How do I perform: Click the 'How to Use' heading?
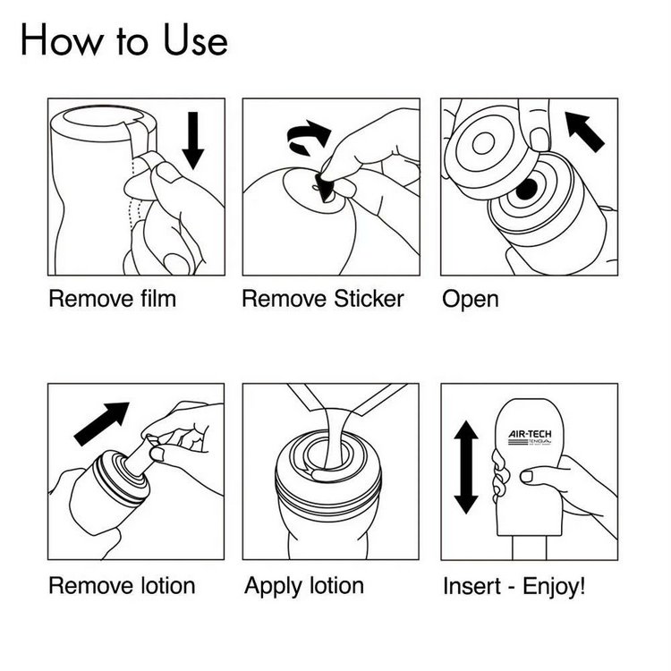coord(124,39)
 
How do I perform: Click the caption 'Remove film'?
coord(113,299)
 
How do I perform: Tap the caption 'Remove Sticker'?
coord(323,299)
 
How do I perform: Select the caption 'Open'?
coord(471,300)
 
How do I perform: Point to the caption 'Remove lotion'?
coord(122,585)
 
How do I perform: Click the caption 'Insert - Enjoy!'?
coord(514,586)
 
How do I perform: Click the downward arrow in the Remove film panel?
coord(193,140)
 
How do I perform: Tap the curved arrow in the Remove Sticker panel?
coord(309,136)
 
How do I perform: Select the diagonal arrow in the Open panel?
coord(584,131)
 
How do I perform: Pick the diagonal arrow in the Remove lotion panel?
coord(102,423)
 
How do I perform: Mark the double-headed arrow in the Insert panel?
coord(466,467)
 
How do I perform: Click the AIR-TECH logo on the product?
coord(530,437)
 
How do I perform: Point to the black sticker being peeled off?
coord(324,188)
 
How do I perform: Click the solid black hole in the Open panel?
coord(526,189)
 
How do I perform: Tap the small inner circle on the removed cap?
coord(483,143)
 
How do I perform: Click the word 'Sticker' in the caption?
coord(369,299)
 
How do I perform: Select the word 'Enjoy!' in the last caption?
coord(554,586)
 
